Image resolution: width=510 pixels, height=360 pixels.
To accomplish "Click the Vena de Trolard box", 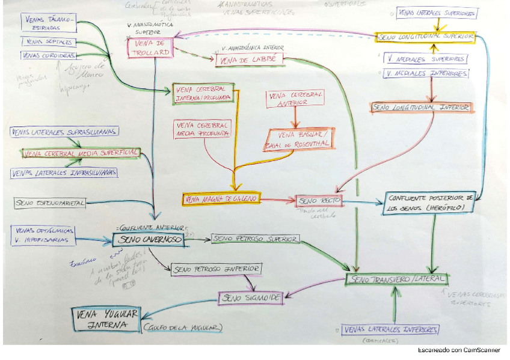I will (x=150, y=49).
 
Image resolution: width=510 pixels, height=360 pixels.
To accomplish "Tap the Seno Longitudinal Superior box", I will (x=426, y=37).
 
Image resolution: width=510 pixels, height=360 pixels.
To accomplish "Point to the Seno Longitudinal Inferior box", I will (x=422, y=108).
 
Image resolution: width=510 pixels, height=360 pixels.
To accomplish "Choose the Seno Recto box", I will (x=319, y=201).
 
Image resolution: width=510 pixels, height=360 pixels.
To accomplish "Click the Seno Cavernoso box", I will (x=148, y=240).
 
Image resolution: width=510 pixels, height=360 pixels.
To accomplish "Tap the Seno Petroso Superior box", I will (x=255, y=239).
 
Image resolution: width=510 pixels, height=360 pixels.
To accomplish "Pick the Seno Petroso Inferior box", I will (x=216, y=269).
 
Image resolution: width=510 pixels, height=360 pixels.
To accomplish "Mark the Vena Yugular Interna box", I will (x=106, y=319).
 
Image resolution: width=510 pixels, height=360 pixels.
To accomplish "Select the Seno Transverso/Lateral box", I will (x=396, y=279).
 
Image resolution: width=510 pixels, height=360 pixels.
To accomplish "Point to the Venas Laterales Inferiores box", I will (x=390, y=330).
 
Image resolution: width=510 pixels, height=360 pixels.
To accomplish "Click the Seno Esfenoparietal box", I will (x=50, y=203).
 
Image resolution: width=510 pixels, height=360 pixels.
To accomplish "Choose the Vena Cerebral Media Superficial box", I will (x=81, y=153).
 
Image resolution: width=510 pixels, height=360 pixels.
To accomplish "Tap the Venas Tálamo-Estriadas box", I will (x=50, y=22).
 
